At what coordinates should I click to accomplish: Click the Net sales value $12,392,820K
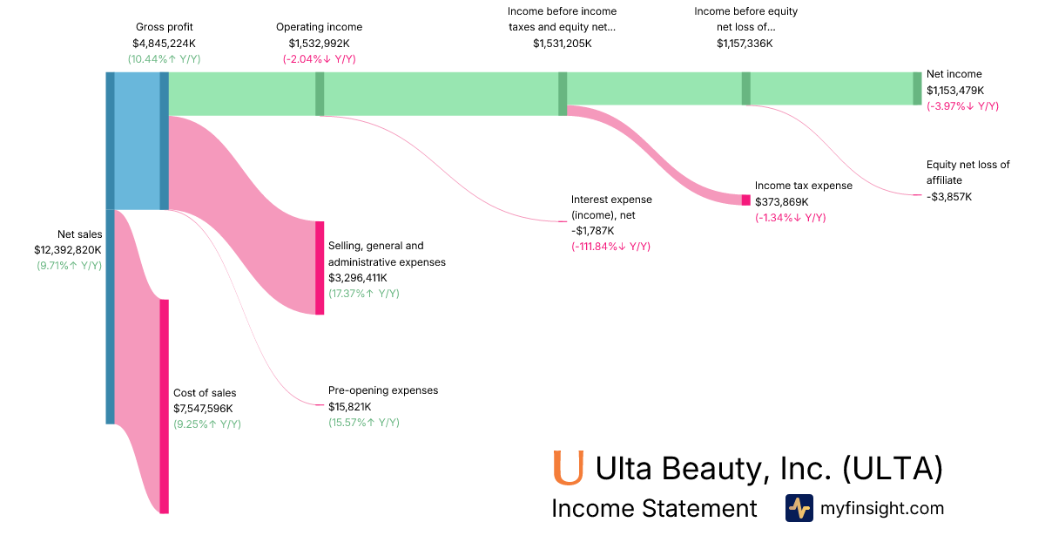[x=68, y=250]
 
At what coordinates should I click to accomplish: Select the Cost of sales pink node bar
[x=164, y=406]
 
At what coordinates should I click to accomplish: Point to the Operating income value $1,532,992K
[x=320, y=44]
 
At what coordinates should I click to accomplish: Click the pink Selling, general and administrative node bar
[x=320, y=268]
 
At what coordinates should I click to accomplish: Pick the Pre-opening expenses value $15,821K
[x=350, y=407]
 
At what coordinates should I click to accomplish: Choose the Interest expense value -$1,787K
[x=593, y=231]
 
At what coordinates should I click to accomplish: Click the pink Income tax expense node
[x=745, y=200]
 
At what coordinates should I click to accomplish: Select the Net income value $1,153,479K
[x=955, y=91]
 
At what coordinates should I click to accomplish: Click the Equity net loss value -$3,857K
[x=949, y=197]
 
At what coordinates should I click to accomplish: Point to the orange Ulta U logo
[x=568, y=467]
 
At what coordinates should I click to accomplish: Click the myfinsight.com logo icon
[x=799, y=508]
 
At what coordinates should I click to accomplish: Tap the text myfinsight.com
[x=882, y=508]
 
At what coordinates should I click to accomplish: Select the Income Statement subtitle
[x=654, y=509]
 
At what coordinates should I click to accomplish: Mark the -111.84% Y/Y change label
[x=610, y=247]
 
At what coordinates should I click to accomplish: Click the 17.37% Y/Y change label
[x=364, y=294]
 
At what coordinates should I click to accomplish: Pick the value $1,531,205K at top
[x=562, y=44]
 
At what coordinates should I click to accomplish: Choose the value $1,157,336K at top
[x=745, y=44]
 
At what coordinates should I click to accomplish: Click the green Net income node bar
[x=917, y=88]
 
